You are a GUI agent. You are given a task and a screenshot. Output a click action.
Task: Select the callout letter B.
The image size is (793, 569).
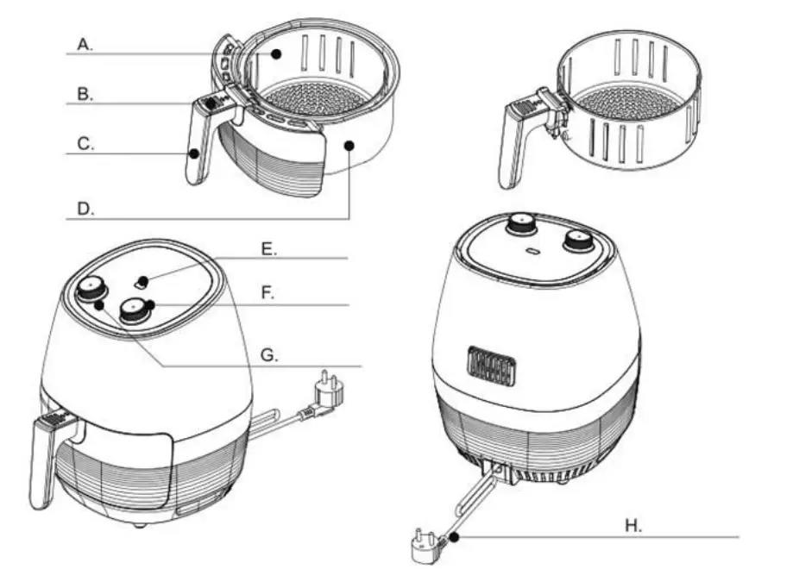click(84, 94)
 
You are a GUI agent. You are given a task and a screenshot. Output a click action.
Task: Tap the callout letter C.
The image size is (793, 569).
click(85, 144)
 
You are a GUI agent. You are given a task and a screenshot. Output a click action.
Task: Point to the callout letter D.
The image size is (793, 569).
click(85, 209)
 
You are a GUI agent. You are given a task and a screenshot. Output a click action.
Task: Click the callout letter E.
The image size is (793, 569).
click(269, 248)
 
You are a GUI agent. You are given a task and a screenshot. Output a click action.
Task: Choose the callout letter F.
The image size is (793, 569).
click(268, 293)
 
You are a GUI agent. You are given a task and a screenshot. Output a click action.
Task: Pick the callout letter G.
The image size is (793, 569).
click(268, 353)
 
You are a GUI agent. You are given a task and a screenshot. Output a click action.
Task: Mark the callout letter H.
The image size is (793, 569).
click(634, 525)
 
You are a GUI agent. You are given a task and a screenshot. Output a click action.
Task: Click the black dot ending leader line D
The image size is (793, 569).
click(349, 147)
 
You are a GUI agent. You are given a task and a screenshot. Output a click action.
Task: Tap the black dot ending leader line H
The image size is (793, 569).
click(453, 536)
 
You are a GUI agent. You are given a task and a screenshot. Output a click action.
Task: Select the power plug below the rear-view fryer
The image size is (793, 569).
click(426, 543)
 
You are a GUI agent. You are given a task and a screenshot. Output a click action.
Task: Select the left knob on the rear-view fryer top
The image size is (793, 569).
click(520, 225)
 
